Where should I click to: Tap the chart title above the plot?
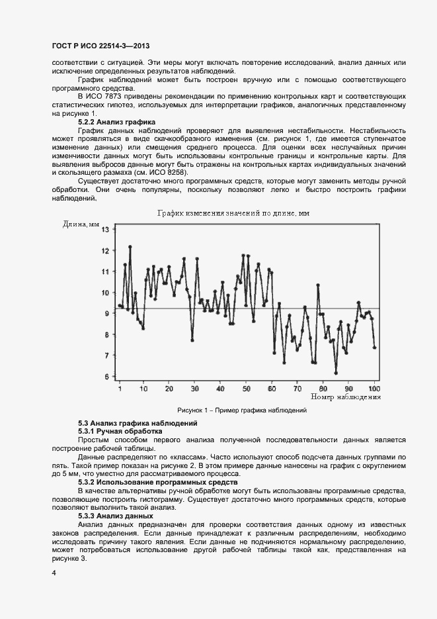point(233,213)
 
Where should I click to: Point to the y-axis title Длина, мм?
point(81,224)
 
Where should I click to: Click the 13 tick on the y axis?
point(104,230)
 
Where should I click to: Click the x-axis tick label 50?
point(246,388)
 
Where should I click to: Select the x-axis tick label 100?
point(374,388)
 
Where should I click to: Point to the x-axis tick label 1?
point(120,388)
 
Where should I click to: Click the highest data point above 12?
point(130,246)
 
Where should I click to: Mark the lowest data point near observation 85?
point(336,373)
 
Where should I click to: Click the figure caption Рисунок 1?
point(241,410)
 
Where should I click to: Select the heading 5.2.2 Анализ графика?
point(117,122)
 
